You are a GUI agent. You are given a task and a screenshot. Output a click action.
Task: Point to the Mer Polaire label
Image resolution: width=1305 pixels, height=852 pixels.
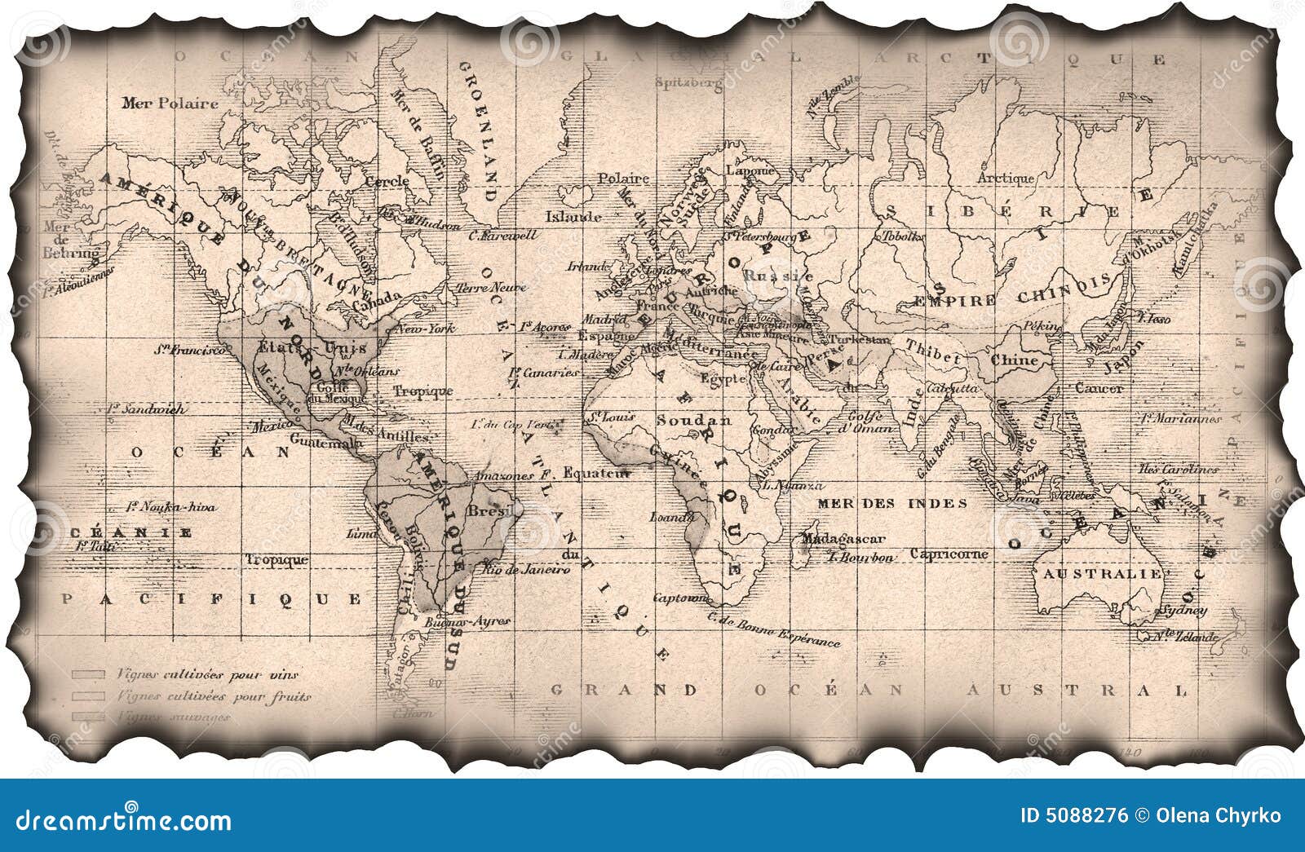point(170,104)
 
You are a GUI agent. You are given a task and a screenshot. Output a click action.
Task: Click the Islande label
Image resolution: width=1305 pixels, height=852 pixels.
point(573,217)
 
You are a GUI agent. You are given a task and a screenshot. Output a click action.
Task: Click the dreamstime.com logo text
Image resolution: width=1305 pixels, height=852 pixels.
point(124,819)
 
